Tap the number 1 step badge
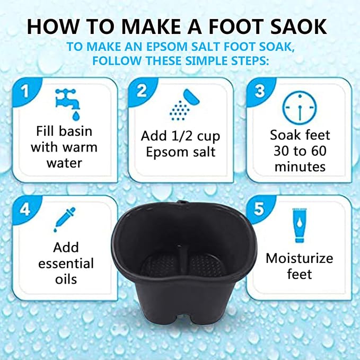(25, 91)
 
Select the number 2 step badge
(142, 91)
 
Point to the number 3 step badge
(260, 91)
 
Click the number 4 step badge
(25, 209)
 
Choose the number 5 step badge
(259, 209)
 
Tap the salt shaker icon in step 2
(185, 104)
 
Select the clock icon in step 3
(300, 108)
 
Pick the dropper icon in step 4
(64, 219)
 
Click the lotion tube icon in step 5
(300, 225)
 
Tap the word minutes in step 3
(300, 166)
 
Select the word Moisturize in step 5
(300, 258)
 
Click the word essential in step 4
(66, 264)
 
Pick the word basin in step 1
(75, 131)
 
